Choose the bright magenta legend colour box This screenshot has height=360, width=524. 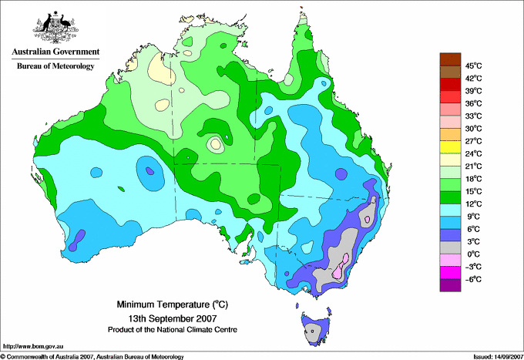pos(448,272)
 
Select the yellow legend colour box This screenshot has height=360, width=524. pos(448,146)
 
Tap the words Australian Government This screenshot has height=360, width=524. pos(55,52)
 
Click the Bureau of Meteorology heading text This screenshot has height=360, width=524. pos(55,66)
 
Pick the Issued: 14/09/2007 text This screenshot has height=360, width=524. pos(495,356)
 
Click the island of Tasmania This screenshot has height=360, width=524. pos(313,330)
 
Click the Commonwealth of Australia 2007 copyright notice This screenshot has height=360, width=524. pos(92,356)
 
